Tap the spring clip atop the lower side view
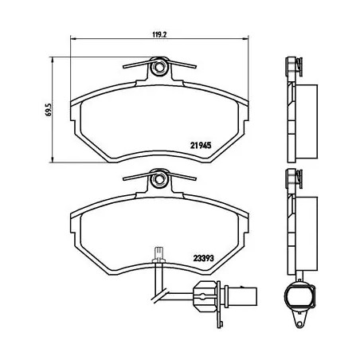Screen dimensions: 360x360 (x=292, y=177)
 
